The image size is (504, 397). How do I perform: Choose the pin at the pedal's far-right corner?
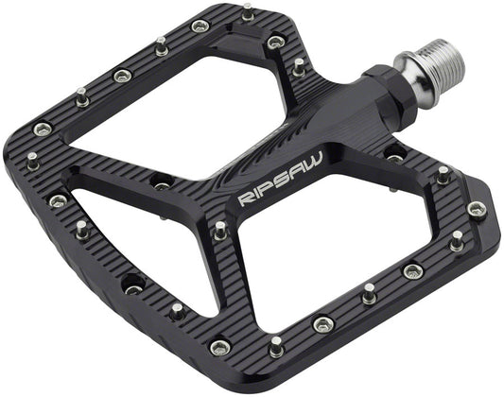[476, 208]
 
